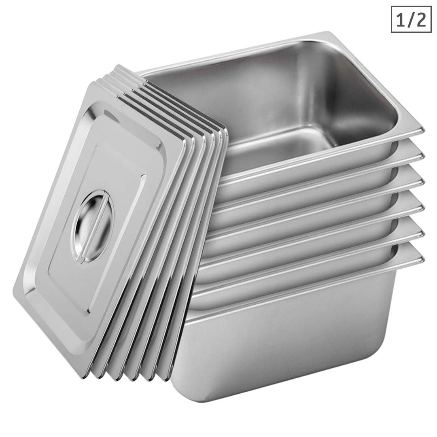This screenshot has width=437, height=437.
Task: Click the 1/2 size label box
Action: tap(411, 19)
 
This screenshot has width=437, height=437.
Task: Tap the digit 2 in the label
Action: tap(420, 19)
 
